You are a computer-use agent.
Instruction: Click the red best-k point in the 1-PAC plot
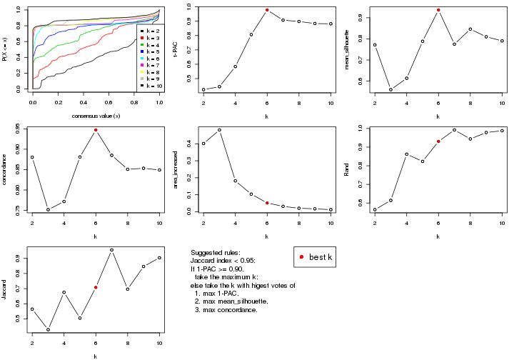267,10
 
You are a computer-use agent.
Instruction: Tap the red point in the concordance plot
96,130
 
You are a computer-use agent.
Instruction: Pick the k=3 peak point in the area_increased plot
219,130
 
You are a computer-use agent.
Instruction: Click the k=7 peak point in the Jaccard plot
111,250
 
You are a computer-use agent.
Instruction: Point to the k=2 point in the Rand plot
375,209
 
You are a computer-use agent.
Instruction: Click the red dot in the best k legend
302,257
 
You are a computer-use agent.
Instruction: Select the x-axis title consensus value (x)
96,116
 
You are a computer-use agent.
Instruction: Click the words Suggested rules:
216,254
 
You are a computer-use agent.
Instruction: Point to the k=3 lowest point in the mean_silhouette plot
390,89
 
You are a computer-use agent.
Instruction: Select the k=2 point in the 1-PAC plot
203,89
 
